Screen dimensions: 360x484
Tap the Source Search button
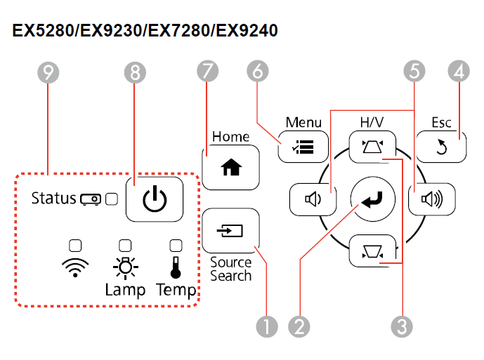(x=230, y=230)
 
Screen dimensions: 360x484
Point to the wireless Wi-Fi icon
(x=75, y=267)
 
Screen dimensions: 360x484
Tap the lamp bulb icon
(x=125, y=267)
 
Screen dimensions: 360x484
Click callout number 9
(x=48, y=71)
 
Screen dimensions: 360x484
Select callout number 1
(x=268, y=325)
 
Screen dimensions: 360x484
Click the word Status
(x=53, y=199)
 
